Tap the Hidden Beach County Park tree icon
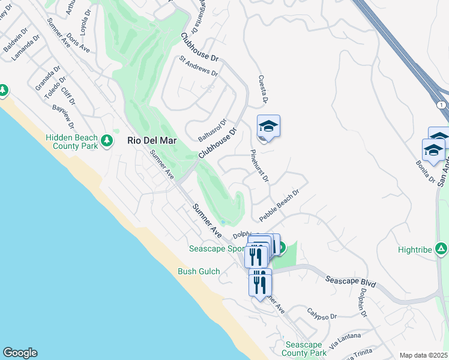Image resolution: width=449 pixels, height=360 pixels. (x=107, y=140)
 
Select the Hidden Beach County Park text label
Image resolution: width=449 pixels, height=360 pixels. (x=71, y=142)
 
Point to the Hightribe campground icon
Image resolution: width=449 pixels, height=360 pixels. (x=441, y=248)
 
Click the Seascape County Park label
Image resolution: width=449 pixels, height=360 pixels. (x=306, y=349)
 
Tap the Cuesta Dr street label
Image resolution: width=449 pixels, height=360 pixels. (x=262, y=89)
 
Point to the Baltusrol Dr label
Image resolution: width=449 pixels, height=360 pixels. (x=212, y=131)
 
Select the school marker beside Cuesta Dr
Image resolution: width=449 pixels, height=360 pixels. (x=268, y=126)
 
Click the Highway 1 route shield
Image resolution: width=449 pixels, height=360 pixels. (x=442, y=105)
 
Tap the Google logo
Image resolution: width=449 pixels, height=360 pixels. (x=20, y=353)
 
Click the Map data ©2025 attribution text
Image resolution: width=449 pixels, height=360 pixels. (x=423, y=355)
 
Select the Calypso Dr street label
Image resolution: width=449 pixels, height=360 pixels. (x=322, y=316)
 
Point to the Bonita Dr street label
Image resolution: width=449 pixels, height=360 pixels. (x=424, y=172)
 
